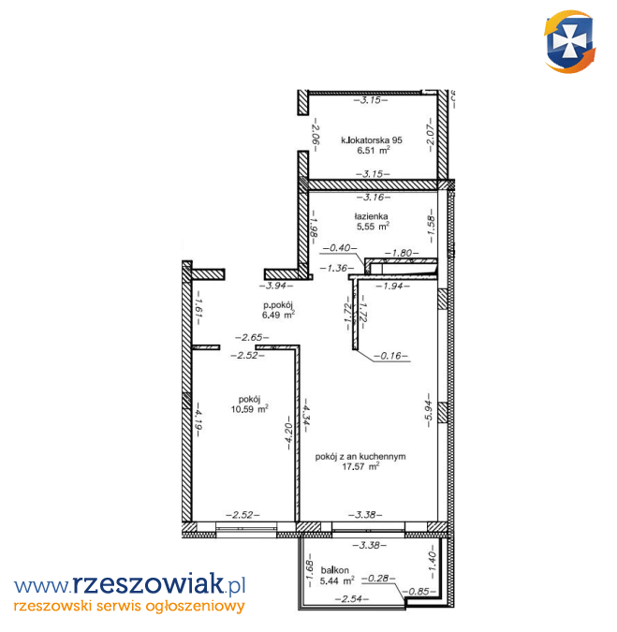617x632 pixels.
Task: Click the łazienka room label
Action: [x=371, y=216]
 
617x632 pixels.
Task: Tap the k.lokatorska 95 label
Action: [x=372, y=140]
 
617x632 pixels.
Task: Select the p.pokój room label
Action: [x=278, y=305]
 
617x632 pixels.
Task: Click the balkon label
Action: [x=334, y=570]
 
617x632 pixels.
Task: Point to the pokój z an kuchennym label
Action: [x=360, y=457]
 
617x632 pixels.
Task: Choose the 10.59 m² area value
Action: [x=249, y=409]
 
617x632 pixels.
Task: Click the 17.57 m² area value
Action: [x=360, y=467]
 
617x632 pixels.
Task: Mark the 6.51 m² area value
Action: [x=374, y=151]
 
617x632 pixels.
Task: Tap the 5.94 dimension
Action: [x=429, y=410]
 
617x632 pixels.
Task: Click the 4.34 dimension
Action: [x=305, y=415]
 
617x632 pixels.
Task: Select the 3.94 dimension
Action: [x=276, y=286]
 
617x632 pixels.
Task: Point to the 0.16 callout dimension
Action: [x=390, y=356]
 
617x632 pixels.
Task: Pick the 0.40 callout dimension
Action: [x=340, y=248]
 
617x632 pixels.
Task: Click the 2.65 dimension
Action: [x=252, y=337]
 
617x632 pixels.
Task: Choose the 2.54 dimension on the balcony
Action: [x=352, y=599]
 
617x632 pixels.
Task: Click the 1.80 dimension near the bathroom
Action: [x=402, y=253]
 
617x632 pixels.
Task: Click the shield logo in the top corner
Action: [x=570, y=41]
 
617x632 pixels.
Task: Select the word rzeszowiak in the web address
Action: [x=148, y=583]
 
